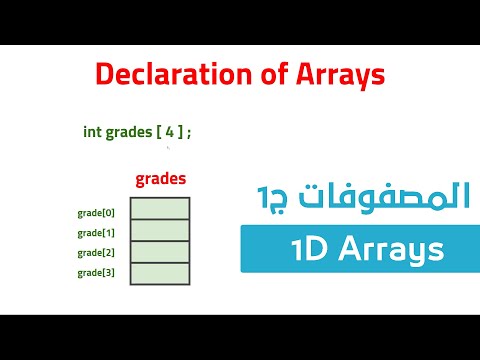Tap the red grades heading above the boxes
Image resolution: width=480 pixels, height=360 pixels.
(160, 180)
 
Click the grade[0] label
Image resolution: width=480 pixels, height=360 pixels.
(96, 213)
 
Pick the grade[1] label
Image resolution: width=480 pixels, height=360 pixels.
(96, 233)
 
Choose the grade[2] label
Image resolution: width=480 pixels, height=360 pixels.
(96, 252)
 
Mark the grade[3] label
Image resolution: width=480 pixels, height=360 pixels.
(96, 272)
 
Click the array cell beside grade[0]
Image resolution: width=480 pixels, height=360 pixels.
(160, 208)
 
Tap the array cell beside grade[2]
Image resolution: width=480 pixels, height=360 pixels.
(160, 251)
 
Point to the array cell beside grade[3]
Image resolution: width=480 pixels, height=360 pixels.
(160, 273)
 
